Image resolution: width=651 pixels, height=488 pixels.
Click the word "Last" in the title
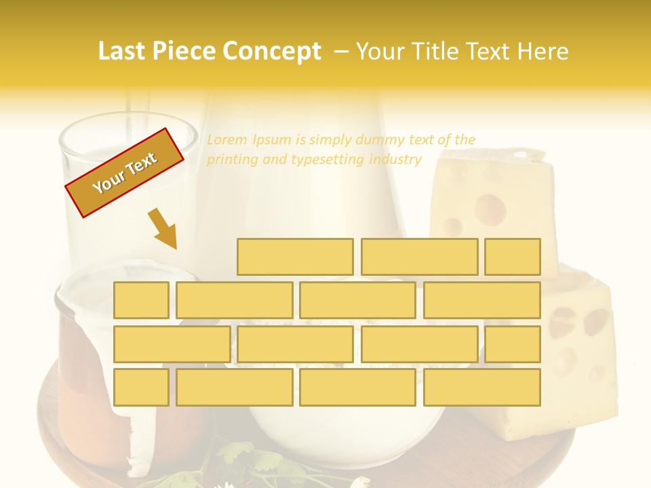tap(123, 52)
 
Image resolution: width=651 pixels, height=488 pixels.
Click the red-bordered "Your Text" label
tap(125, 173)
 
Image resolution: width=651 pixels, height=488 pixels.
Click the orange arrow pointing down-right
tap(162, 228)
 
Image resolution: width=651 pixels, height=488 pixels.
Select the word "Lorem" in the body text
tap(227, 140)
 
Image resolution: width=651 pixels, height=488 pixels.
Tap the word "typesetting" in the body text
tap(328, 160)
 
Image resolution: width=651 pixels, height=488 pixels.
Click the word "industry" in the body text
tap(395, 160)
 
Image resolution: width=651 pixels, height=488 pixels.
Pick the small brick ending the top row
tap(513, 257)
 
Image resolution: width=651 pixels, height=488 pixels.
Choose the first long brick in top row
tap(295, 257)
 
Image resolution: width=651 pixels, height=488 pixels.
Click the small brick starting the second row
tap(141, 300)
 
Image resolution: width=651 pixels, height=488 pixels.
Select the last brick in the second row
tap(482, 300)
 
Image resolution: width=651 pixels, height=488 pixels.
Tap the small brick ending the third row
tap(513, 344)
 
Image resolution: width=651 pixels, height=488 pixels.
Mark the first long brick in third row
tap(172, 344)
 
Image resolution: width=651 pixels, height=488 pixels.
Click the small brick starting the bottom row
tap(141, 387)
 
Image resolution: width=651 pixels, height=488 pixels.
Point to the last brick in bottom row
tap(482, 387)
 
